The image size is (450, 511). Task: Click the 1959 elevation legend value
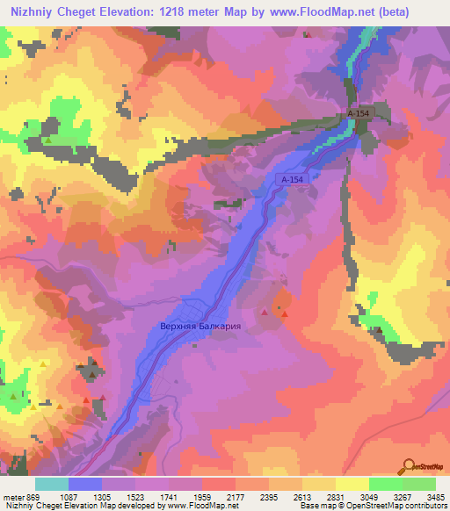click(x=203, y=495)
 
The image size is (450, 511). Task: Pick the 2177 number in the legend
click(x=236, y=495)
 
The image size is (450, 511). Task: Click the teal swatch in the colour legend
click(x=51, y=483)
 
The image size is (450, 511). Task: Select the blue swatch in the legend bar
click(x=84, y=483)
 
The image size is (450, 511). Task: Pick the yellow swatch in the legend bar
click(x=352, y=483)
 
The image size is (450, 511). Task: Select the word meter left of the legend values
click(x=16, y=495)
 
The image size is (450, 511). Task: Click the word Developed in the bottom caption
click(x=143, y=506)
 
